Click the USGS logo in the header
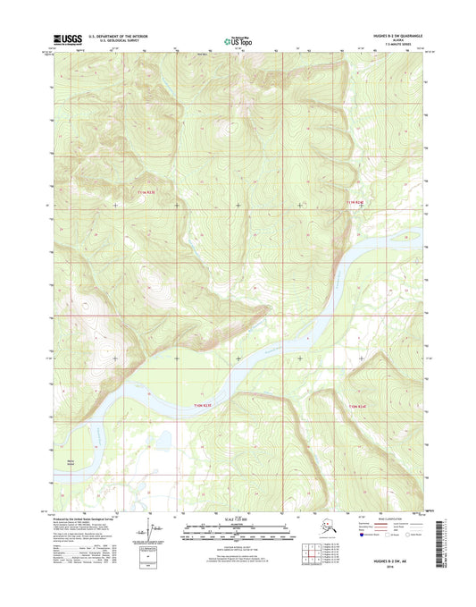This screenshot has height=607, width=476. [70, 38]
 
